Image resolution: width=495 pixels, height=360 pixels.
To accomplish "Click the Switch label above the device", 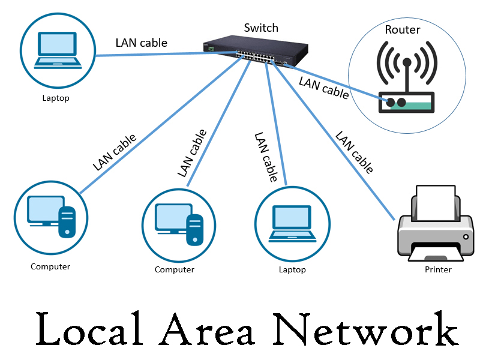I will [261, 28].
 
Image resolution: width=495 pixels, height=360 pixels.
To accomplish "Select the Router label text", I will [402, 29].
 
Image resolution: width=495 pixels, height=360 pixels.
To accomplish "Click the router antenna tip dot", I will [406, 62].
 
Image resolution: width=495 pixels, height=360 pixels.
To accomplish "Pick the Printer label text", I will [438, 269].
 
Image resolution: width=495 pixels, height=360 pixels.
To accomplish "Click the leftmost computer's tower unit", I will [66, 221].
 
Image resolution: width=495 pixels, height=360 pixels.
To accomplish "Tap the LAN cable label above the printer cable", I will [354, 152].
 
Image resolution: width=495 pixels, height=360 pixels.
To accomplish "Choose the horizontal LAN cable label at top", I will [141, 43].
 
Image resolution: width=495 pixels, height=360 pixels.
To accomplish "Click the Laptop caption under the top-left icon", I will [56, 98].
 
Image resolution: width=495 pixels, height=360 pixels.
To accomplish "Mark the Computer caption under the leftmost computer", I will [50, 266].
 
